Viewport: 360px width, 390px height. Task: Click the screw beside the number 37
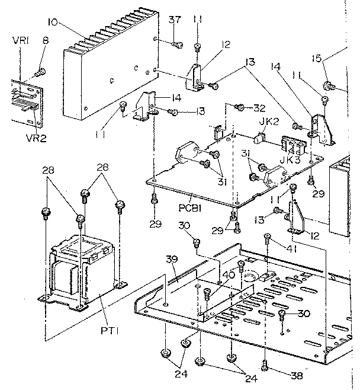click(176, 43)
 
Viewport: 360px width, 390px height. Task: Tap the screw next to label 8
click(41, 72)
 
